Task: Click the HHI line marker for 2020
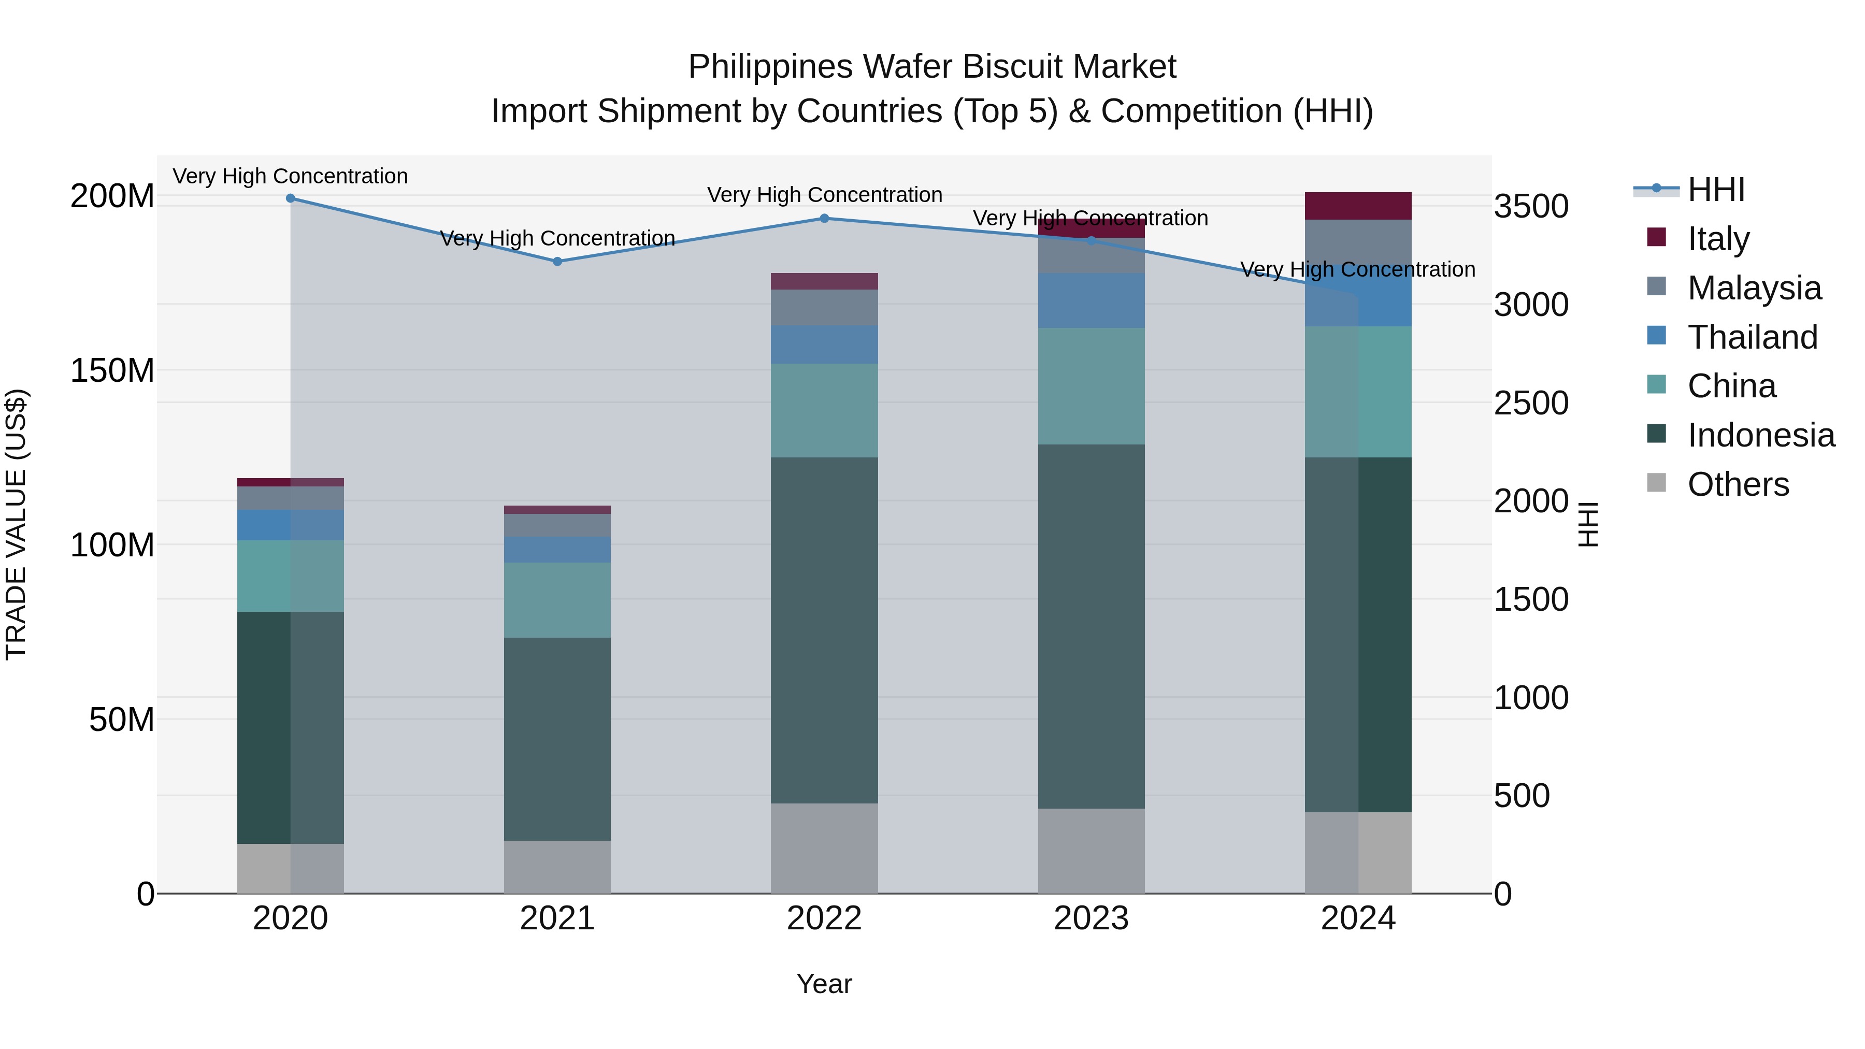point(290,198)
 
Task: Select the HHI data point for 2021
point(557,262)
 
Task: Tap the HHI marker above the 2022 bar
point(824,218)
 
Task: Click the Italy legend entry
point(1718,238)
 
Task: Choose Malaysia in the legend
point(1754,288)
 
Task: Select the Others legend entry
point(1738,484)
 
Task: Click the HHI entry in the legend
point(1716,190)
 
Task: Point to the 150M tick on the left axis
point(112,371)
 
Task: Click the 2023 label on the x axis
point(1091,918)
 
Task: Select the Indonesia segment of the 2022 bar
point(824,630)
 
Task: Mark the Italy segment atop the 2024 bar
point(1358,206)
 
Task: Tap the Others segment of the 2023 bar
point(1091,851)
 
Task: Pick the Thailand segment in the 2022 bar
point(824,344)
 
